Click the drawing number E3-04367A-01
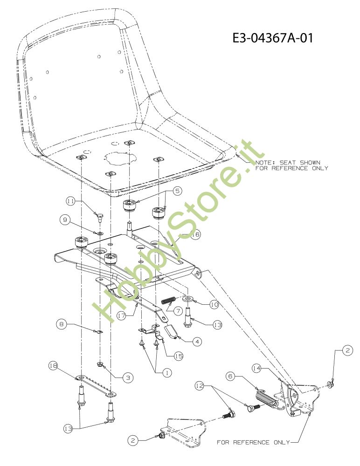(x=273, y=38)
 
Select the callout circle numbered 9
(x=65, y=218)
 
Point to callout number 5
(x=178, y=191)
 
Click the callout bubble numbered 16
(x=195, y=235)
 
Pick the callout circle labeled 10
(x=214, y=305)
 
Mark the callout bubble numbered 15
(x=178, y=356)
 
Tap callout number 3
(x=127, y=378)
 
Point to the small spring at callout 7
(x=169, y=301)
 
